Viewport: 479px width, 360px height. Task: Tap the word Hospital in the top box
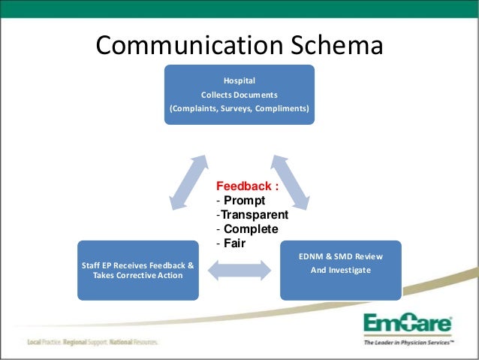239,80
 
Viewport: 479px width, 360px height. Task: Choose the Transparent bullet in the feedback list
254,215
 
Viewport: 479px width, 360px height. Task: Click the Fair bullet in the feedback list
233,244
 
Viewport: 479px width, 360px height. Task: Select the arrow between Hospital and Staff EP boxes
188,181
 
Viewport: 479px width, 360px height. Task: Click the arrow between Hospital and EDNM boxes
291,181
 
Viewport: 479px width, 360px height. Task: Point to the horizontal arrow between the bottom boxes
239,271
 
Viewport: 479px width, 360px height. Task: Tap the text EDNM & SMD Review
340,256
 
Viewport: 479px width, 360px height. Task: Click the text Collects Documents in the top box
239,95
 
